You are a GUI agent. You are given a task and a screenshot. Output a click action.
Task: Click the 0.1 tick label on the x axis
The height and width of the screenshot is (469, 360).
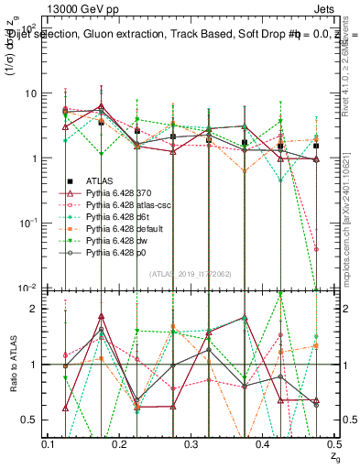click(x=49, y=443)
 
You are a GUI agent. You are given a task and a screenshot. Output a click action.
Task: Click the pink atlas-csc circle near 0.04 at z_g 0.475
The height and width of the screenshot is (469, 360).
click(x=316, y=249)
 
